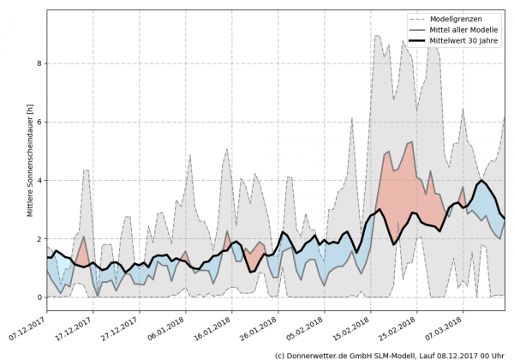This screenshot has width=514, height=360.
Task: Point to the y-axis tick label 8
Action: coord(39,63)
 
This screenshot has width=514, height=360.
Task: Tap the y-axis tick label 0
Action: coord(39,297)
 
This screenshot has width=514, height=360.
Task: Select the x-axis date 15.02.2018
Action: coord(354,323)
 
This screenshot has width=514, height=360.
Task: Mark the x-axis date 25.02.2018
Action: coord(400,323)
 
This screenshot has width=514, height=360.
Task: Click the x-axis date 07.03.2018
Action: coord(446,323)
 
